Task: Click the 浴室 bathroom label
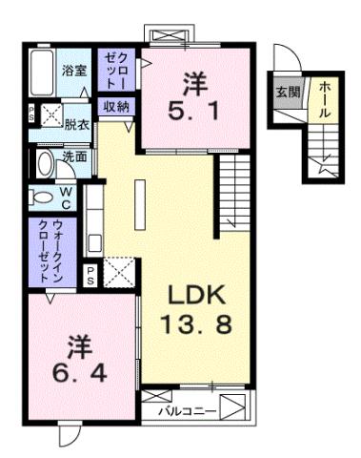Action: click(74, 70)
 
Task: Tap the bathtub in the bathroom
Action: click(43, 73)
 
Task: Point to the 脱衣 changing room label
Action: click(76, 124)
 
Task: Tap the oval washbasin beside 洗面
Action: click(45, 160)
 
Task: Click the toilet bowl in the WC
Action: click(42, 198)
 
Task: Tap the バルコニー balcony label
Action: click(188, 411)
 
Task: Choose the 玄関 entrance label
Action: click(287, 93)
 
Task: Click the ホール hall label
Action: click(324, 98)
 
